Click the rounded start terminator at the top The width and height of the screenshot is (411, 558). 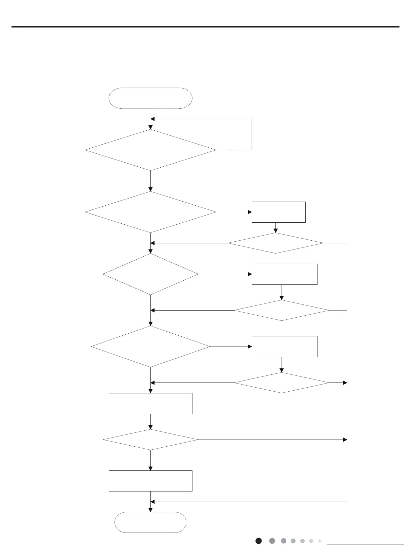point(150,98)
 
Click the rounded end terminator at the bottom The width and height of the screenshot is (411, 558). point(150,522)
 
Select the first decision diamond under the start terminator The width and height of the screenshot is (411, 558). point(150,150)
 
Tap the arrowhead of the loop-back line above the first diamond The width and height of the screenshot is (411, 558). point(153,119)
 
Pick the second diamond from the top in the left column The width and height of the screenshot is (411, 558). point(150,212)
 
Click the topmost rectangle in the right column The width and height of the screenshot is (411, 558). point(279,212)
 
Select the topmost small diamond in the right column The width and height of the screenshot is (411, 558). point(275,243)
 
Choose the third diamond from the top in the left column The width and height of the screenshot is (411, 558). point(150,274)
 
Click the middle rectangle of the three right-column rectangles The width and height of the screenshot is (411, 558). point(285,274)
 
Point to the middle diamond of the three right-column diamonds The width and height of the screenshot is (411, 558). point(282,310)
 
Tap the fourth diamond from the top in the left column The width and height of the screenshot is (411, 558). point(150,347)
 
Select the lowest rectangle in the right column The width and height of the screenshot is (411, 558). point(285,347)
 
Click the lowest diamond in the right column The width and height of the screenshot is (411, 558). point(282,383)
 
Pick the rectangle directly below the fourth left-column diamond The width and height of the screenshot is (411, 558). point(150,404)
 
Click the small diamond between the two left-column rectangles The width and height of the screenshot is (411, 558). point(150,440)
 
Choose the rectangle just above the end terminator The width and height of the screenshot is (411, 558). point(150,481)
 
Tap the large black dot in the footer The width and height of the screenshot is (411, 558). point(259,541)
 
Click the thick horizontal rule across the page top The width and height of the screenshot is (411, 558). point(205,27)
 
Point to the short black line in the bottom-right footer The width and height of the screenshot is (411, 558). point(365,544)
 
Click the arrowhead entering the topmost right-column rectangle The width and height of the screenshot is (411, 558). point(250,212)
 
